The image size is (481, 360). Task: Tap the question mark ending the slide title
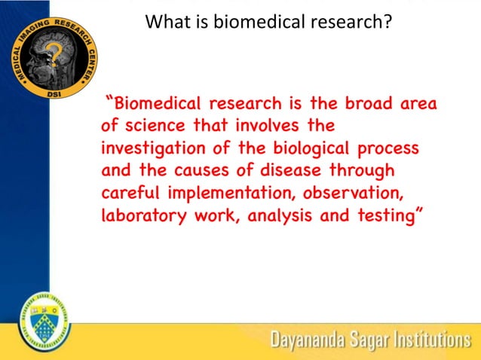tap(388, 22)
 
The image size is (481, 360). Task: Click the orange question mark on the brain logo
tap(54, 54)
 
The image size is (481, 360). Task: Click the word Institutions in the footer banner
tap(427, 340)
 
